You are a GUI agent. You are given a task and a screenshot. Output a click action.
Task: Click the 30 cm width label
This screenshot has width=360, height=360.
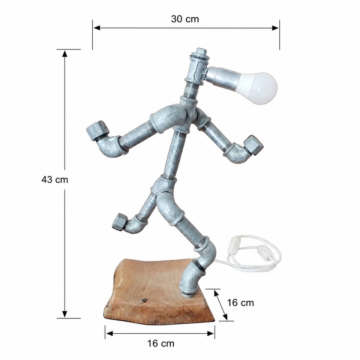pos(185,19)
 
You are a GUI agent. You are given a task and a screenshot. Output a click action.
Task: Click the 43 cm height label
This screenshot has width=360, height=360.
pos(55,180)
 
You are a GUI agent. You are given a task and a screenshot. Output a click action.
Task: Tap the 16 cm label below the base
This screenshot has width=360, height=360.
pos(161,343)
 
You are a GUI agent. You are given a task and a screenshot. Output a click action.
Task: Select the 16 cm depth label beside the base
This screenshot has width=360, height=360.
pos(240,303)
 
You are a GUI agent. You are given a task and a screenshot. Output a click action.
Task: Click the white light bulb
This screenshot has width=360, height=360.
pos(257,88)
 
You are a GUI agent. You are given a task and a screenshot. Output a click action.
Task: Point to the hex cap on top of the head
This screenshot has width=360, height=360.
pos(201,51)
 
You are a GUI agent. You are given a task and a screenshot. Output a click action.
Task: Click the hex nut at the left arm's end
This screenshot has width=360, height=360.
pos(97,130)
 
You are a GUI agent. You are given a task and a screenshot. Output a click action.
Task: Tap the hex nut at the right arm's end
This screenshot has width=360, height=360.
pos(253,145)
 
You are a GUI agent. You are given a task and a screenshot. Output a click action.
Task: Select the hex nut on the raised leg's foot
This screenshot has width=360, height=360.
pos(120,222)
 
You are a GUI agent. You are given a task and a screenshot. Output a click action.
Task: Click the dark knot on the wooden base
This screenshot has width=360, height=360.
pos(145,300)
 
